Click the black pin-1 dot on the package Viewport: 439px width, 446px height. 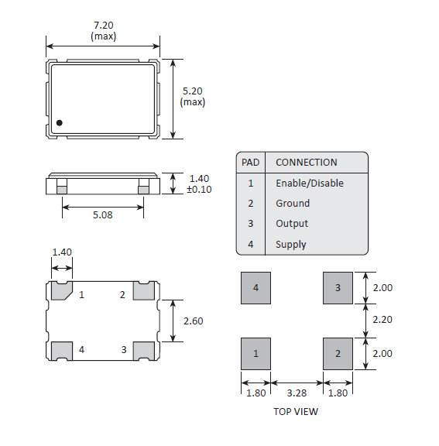[59, 123]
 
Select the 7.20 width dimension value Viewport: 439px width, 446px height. [104, 26]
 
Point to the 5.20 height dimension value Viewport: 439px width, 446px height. [193, 91]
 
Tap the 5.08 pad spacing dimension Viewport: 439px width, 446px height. [103, 214]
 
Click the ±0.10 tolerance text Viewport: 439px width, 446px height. [199, 189]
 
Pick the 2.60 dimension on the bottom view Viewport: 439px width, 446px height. [194, 321]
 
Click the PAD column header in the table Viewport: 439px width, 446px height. [251, 163]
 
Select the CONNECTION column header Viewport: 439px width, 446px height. [307, 163]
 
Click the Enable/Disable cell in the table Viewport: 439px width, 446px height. [310, 183]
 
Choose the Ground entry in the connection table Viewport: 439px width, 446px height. [293, 204]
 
